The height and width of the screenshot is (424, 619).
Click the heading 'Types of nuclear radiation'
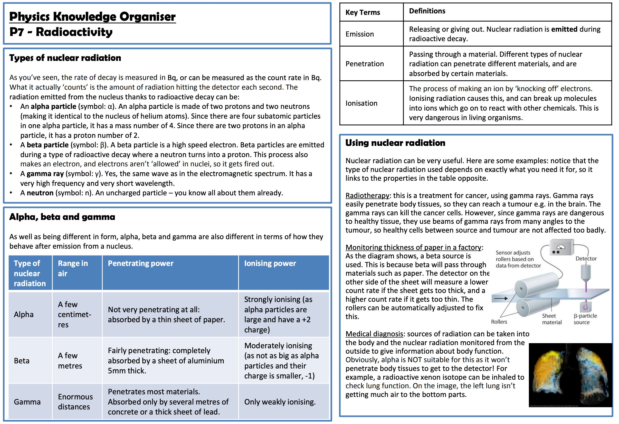click(x=65, y=58)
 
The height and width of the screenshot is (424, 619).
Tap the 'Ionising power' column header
click(x=270, y=264)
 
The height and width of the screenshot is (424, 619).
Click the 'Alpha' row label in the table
click(x=24, y=315)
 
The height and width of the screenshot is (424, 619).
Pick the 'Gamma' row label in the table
click(x=27, y=402)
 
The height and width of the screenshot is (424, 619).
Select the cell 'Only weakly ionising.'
click(x=280, y=402)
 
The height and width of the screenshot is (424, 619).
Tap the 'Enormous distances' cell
click(x=75, y=402)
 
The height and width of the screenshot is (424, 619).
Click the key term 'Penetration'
click(x=364, y=64)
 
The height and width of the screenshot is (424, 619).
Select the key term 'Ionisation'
click(x=361, y=103)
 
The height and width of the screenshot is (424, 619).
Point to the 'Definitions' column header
click(x=427, y=11)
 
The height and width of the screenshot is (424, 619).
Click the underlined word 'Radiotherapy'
click(x=367, y=196)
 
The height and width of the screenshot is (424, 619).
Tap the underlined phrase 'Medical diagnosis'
click(x=374, y=334)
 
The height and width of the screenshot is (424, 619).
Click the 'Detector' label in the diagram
click(x=586, y=259)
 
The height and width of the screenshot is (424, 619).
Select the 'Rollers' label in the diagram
click(x=499, y=322)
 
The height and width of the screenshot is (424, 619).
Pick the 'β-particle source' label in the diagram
click(x=585, y=319)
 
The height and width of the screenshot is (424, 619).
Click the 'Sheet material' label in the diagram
click(x=552, y=319)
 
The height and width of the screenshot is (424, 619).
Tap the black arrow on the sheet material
click(x=501, y=299)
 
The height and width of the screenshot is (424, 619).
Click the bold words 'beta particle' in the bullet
click(x=48, y=145)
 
